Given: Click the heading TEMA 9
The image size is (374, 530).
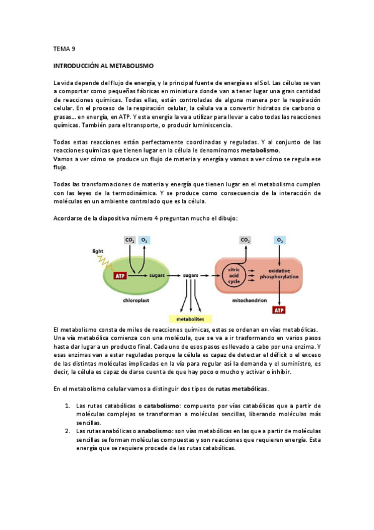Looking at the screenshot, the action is click(64, 48).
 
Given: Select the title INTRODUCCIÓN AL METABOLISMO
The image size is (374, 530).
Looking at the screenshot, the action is click(103, 65).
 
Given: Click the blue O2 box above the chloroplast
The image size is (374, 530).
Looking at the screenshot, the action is click(144, 240).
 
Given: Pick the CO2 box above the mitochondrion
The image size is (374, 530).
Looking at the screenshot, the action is click(245, 240).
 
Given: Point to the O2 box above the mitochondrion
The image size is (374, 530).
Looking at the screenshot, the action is click(279, 240).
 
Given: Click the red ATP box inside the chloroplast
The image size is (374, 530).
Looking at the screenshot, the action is click(121, 275).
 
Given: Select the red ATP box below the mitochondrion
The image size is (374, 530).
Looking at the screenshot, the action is click(279, 310).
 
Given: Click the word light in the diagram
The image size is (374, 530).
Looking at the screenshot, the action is click(97, 251).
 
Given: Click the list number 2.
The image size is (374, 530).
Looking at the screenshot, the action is click(69, 431).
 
